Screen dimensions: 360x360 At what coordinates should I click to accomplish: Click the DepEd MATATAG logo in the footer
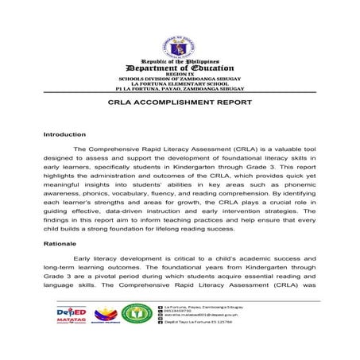click(75, 317)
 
